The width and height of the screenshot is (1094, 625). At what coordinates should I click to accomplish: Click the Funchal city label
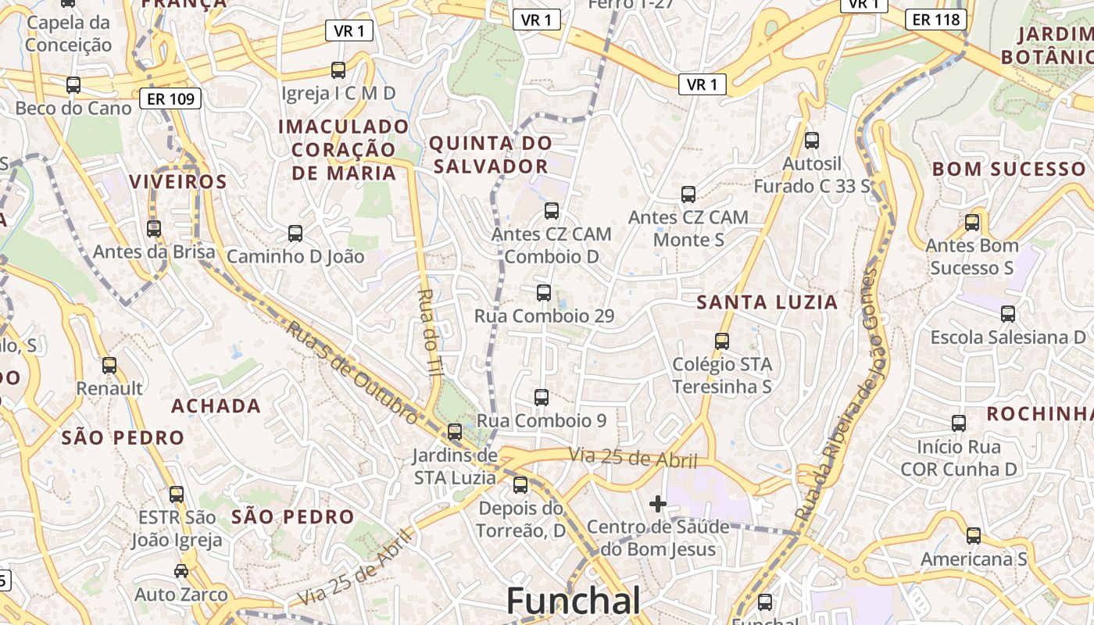[x=574, y=601]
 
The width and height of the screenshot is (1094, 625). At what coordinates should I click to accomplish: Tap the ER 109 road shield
[x=170, y=98]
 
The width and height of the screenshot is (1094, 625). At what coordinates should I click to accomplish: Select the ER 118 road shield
[x=936, y=19]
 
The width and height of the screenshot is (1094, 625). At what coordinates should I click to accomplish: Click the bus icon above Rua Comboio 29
[x=544, y=293]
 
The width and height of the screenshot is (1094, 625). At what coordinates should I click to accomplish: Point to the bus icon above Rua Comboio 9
[x=542, y=397]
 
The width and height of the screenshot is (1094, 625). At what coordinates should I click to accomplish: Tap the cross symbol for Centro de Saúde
[x=658, y=504]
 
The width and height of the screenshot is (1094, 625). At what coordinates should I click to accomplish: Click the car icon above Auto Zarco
[x=181, y=571]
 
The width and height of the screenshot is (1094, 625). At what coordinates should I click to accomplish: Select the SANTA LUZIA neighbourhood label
[x=767, y=302]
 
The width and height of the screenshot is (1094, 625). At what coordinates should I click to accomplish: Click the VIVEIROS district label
[x=178, y=182]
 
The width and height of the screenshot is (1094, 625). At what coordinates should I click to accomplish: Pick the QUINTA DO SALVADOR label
[x=490, y=155]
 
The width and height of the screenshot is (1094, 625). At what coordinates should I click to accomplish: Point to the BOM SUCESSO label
[x=1009, y=169]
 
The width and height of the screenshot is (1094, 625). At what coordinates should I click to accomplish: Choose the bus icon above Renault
[x=109, y=365]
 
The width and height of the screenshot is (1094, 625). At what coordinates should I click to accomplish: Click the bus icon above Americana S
[x=973, y=536]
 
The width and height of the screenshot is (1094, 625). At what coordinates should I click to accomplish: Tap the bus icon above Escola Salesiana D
[x=1008, y=314]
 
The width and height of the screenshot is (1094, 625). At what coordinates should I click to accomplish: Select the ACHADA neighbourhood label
[x=216, y=405]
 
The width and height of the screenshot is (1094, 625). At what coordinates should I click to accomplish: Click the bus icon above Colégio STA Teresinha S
[x=722, y=341]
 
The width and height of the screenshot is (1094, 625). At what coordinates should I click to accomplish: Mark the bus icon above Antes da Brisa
[x=154, y=229]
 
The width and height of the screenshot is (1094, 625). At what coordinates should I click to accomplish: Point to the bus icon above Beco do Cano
[x=73, y=84]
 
